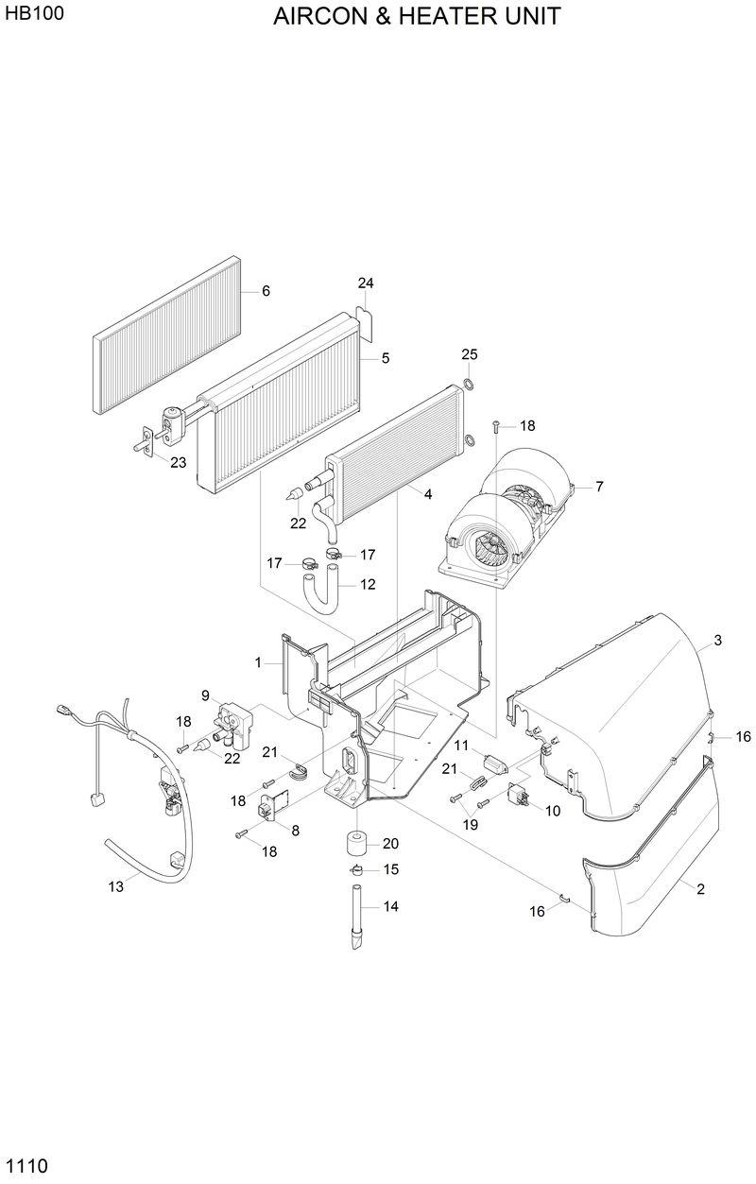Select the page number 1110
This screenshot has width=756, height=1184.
pos(26,1164)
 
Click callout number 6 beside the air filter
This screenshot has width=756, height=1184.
pos(266,291)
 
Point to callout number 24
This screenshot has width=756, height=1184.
pos(366,283)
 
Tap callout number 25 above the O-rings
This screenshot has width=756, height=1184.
pos(470,354)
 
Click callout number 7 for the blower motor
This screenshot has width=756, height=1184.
pos(598,487)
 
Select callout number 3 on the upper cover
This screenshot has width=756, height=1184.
pos(717,641)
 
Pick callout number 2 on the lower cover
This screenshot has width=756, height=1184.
pos(700,888)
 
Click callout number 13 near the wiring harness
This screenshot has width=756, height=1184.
pos(116,886)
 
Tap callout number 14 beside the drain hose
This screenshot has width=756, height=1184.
pos(390,906)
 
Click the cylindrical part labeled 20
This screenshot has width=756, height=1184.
pos(357,843)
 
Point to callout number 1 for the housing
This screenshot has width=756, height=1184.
pos(258,663)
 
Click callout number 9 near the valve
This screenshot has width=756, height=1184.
pos(205,695)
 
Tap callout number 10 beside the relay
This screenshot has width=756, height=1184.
pos(553,810)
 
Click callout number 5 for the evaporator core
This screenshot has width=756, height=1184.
pos(386,358)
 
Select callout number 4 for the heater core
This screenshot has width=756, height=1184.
pos(428,494)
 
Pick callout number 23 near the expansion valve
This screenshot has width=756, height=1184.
pos(179,462)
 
